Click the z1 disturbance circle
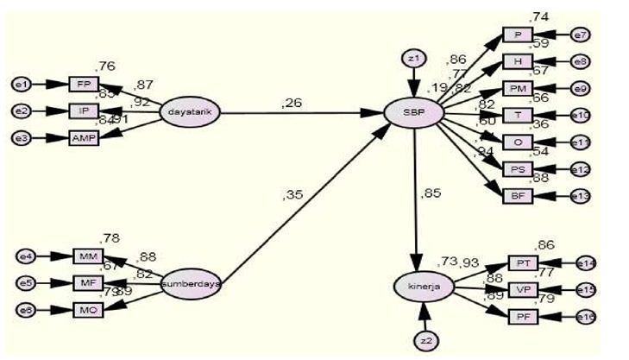[415, 59]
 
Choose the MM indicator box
[88, 256]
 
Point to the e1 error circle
[21, 84]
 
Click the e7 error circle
[581, 35]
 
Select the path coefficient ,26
[291, 104]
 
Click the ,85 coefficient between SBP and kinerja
[431, 193]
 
